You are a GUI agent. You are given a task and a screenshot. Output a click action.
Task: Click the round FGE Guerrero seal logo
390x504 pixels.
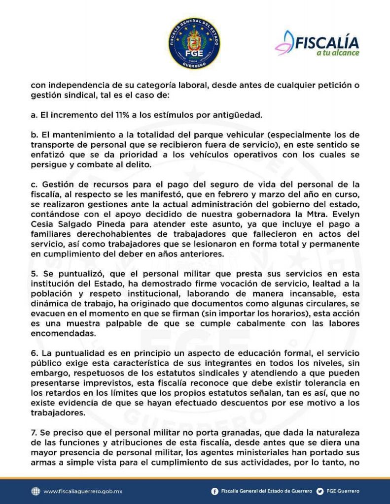[194, 43]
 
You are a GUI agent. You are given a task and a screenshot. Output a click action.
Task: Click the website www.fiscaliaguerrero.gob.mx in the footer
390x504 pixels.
[82, 491]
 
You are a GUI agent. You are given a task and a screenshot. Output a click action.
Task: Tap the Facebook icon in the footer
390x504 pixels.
[215, 491]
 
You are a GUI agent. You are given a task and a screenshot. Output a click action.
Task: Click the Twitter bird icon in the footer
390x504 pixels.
[320, 491]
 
